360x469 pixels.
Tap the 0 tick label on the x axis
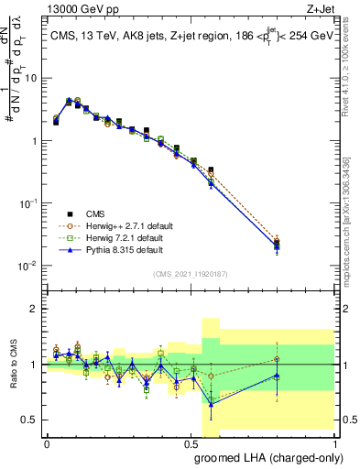(x=47, y=443)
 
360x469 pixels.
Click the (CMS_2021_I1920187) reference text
(x=190, y=273)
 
